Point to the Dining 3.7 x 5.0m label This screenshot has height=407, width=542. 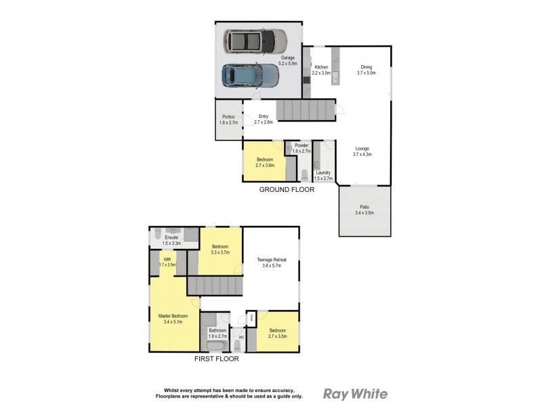366,69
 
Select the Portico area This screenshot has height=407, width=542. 227,119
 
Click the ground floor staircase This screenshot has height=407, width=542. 306,109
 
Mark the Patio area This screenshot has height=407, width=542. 364,210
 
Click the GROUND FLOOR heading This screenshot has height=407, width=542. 287,190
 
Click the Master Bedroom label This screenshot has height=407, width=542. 173,319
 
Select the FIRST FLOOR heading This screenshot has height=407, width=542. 216,359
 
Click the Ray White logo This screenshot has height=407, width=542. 355,393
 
